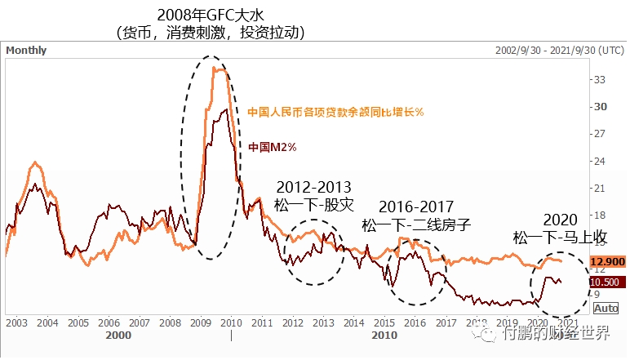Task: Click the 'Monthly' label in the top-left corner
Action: click(26, 50)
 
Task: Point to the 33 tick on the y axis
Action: click(599, 79)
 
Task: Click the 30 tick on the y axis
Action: click(599, 106)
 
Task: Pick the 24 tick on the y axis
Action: click(599, 161)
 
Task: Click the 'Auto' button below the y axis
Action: click(606, 308)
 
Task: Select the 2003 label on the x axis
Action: click(16, 323)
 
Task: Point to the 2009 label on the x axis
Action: click(200, 323)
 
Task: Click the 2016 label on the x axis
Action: click(415, 323)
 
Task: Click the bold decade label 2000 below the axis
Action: click(118, 335)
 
